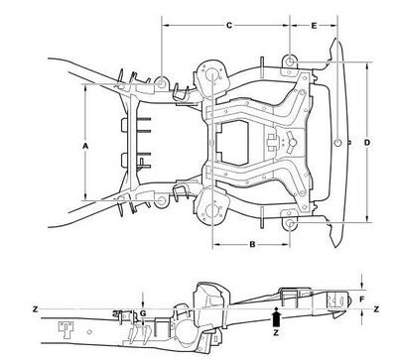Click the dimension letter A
point(85,146)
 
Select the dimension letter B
point(252,245)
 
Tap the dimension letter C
point(229,26)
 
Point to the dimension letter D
point(367,143)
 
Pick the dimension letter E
point(314,26)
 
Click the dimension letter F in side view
point(362,300)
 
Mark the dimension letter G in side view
point(143,313)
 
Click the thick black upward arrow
point(276,317)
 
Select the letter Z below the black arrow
point(276,333)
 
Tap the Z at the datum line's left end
point(36,309)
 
